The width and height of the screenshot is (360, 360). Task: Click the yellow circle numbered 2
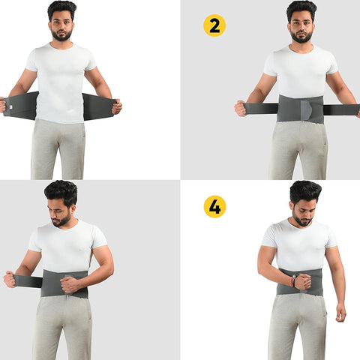click(214, 25)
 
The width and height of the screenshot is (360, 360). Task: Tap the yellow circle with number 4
click(214, 206)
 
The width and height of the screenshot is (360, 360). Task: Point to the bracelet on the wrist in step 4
click(293, 281)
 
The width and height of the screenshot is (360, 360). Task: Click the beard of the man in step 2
click(302, 37)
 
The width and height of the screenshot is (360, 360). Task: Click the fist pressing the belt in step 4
click(303, 282)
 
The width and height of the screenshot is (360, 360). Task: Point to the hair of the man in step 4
click(304, 191)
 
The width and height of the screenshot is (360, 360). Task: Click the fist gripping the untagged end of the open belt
click(116, 106)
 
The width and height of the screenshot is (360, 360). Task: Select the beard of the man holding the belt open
click(61, 35)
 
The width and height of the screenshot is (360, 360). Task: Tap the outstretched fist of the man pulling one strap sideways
click(10, 278)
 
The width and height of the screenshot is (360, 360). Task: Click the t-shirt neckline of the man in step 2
click(302, 48)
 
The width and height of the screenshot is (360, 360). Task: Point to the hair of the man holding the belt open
click(62, 10)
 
